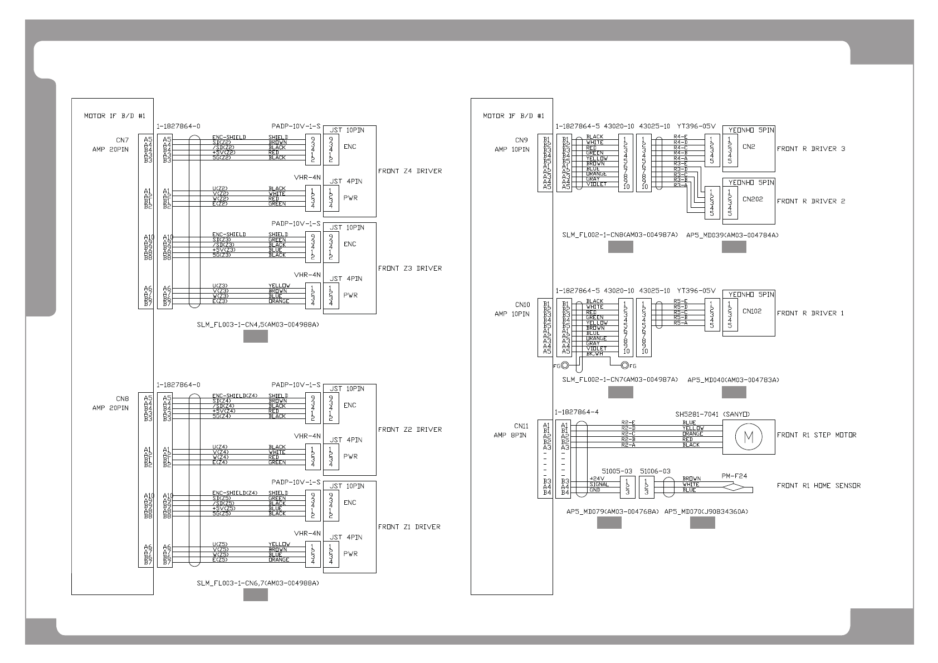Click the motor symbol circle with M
748,437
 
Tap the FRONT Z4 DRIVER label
410,171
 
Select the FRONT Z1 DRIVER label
409,526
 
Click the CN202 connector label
753,199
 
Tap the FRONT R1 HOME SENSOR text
818,485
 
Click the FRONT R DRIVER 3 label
810,149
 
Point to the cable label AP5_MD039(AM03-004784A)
734,235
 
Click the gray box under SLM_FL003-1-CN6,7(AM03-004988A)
256,595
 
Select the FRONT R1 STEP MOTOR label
817,435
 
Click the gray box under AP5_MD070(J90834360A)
702,522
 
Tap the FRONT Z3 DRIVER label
410,269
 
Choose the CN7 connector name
122,140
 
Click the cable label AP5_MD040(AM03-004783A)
733,380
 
